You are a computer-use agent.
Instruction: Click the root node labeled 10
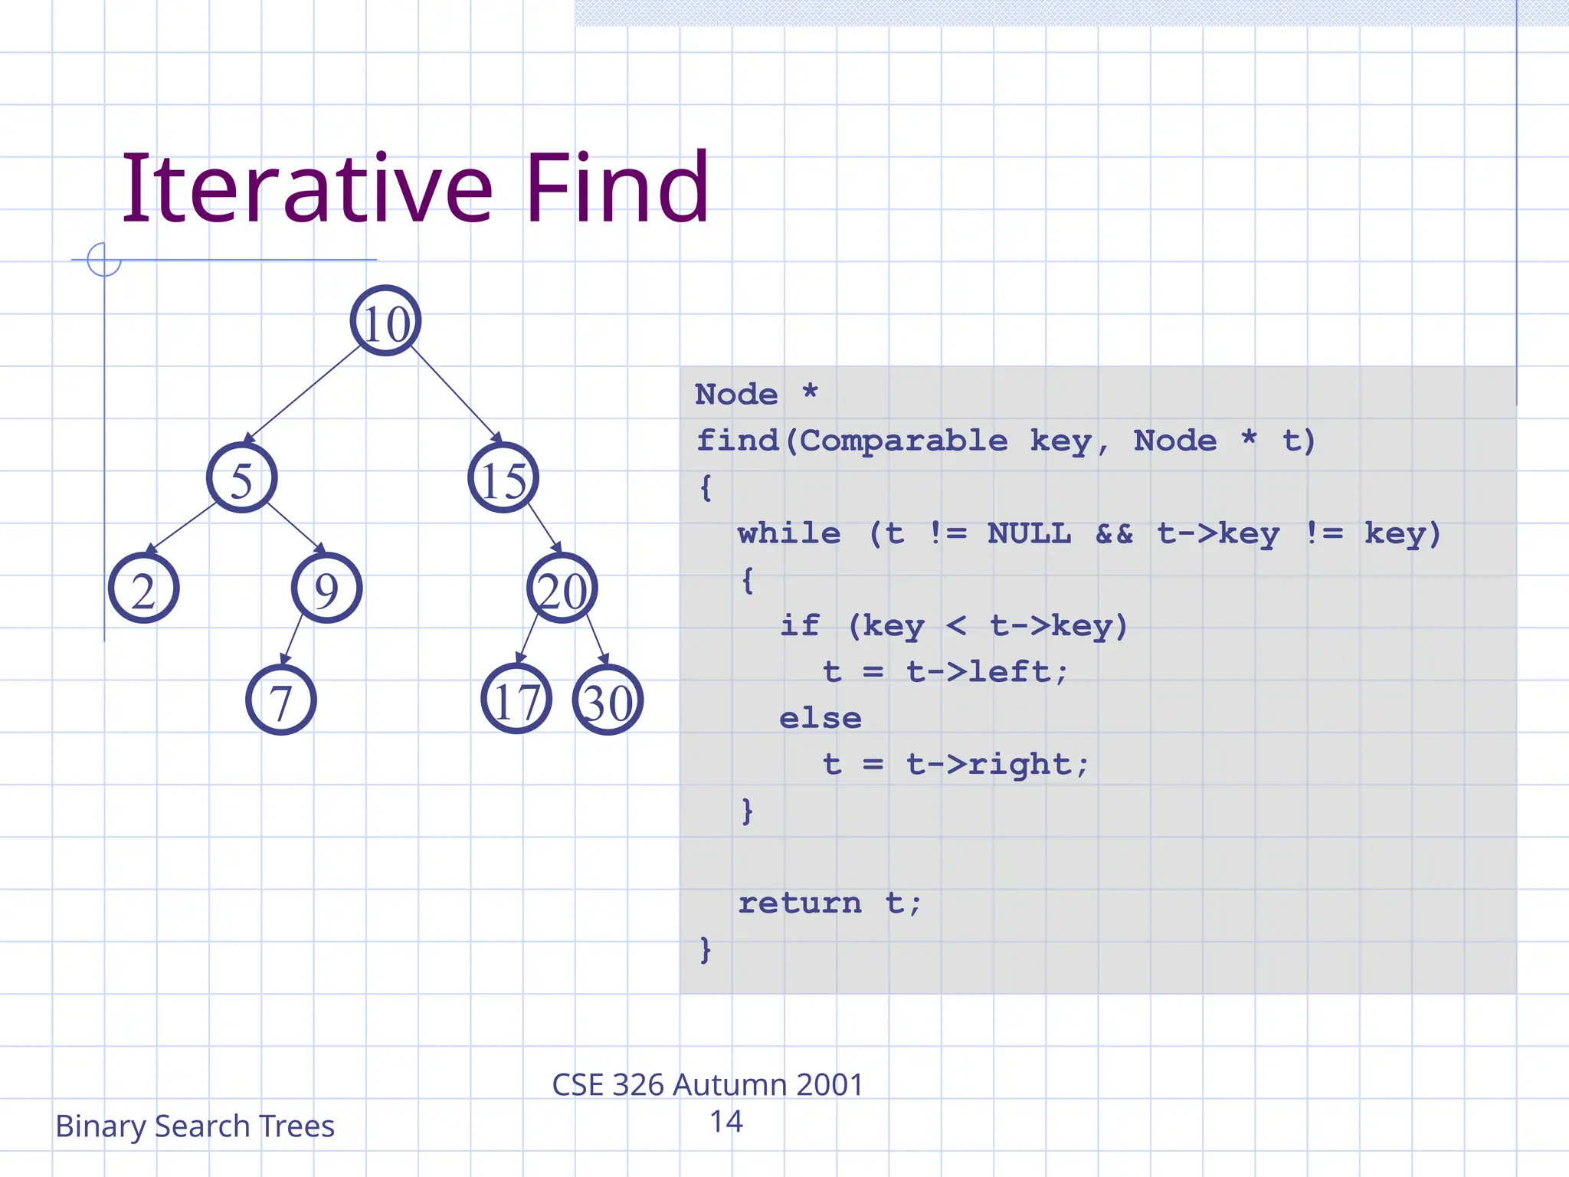pyautogui.click(x=385, y=321)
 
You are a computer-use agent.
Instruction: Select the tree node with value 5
pyautogui.click(x=241, y=478)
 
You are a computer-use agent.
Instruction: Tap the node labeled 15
pyautogui.click(x=503, y=478)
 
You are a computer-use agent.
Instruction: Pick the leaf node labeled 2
pyautogui.click(x=144, y=588)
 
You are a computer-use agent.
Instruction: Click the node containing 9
pyautogui.click(x=327, y=588)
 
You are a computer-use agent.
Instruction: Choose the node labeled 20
pyautogui.click(x=562, y=588)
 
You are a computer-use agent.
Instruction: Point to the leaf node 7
pyautogui.click(x=281, y=700)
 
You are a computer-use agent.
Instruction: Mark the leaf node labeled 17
pyautogui.click(x=516, y=700)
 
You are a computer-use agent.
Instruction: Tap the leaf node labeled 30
pyautogui.click(x=608, y=700)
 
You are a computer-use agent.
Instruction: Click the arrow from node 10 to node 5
pyautogui.click(x=303, y=394)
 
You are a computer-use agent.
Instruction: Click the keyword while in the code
pyautogui.click(x=789, y=533)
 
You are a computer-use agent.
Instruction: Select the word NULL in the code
pyautogui.click(x=1029, y=533)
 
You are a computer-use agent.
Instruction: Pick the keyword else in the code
pyautogui.click(x=821, y=719)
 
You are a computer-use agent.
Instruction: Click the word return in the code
pyautogui.click(x=800, y=903)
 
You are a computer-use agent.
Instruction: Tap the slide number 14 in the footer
pyautogui.click(x=726, y=1122)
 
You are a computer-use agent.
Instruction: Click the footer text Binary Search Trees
pyautogui.click(x=195, y=1126)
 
